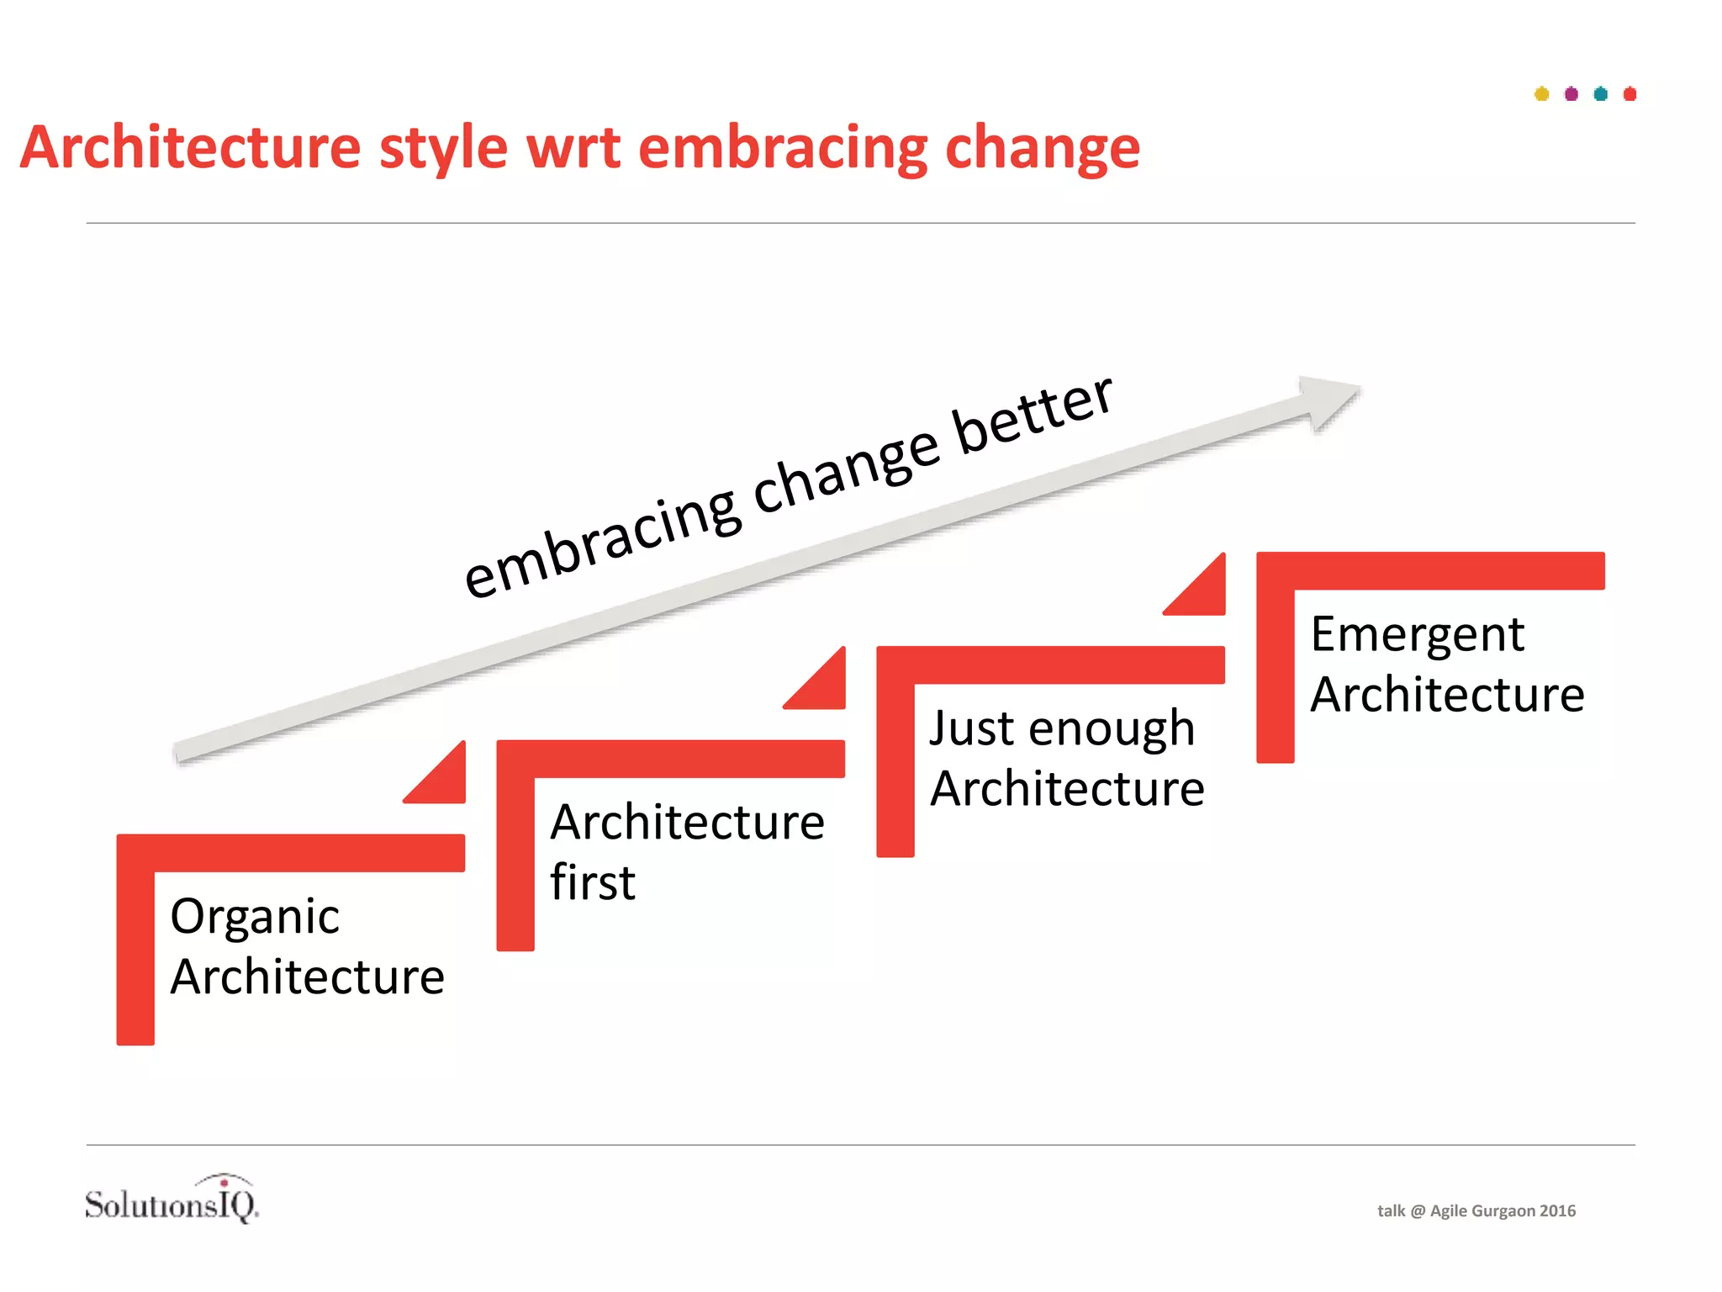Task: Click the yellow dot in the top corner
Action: tap(1541, 94)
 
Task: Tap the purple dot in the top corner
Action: tap(1571, 94)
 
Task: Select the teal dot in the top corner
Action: tap(1600, 94)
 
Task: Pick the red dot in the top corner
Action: tap(1630, 94)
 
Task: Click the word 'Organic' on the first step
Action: tap(255, 918)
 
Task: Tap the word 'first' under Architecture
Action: tap(593, 883)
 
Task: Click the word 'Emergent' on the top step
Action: tap(1417, 636)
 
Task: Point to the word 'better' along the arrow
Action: tap(1034, 417)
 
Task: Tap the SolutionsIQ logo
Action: tap(172, 1201)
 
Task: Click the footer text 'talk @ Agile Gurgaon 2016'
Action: tap(1476, 1211)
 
